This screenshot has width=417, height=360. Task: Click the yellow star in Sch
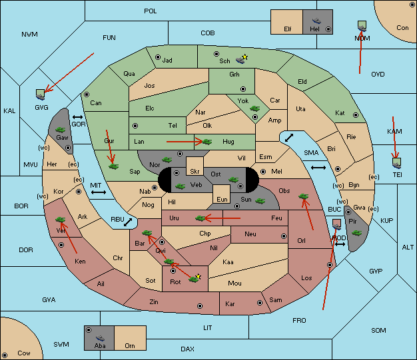pyautogui.click(x=245, y=57)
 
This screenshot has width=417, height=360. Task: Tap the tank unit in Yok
pyautogui.click(x=254, y=108)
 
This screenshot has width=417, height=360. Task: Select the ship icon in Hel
pyautogui.click(x=316, y=21)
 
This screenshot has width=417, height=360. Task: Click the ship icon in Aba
pyautogui.click(x=100, y=338)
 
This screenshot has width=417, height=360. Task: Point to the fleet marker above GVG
pyautogui.click(x=41, y=94)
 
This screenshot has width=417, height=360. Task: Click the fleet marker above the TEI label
pyautogui.click(x=397, y=163)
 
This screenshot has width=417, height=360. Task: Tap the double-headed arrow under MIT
pyautogui.click(x=99, y=192)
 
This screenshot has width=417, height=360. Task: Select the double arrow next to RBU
pyautogui.click(x=128, y=222)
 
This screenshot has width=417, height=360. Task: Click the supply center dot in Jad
pyautogui.click(x=158, y=57)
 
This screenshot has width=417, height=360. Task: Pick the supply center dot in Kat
pyautogui.click(x=356, y=115)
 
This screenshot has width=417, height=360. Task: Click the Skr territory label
pyautogui.click(x=195, y=172)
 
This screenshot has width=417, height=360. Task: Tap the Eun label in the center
pyautogui.click(x=222, y=199)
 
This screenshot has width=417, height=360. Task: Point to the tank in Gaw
pyautogui.click(x=61, y=130)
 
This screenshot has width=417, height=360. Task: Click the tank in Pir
pyautogui.click(x=356, y=233)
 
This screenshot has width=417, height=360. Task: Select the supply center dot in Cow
pyautogui.click(x=5, y=355)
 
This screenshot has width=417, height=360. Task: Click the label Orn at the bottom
pyautogui.click(x=130, y=345)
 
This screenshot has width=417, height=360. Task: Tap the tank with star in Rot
pyautogui.click(x=195, y=279)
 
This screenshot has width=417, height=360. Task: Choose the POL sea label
pyautogui.click(x=151, y=11)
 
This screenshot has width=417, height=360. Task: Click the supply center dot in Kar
pyautogui.click(x=260, y=303)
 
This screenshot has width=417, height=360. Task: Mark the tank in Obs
pyautogui.click(x=304, y=196)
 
